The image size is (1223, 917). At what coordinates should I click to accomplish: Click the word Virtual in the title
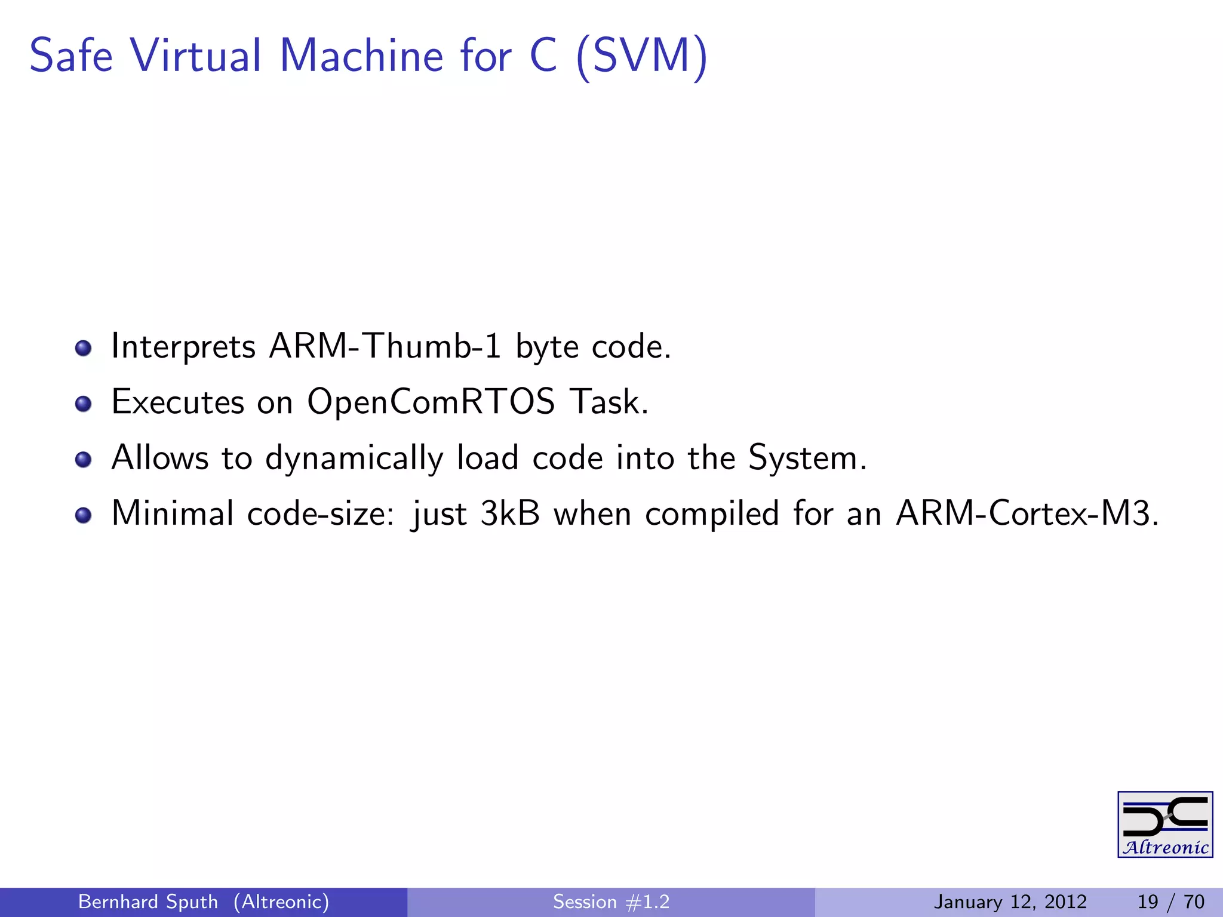pos(196,56)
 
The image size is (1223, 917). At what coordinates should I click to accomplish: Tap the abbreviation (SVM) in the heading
pos(642,57)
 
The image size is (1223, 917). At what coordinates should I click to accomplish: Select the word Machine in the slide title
pos(361,56)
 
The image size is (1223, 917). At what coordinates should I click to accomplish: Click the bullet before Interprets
pos(84,348)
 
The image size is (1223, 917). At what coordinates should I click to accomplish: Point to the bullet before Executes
pos(84,404)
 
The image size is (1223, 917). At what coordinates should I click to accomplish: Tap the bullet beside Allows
pos(84,460)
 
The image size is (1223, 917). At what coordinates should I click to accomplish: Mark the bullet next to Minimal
pos(84,515)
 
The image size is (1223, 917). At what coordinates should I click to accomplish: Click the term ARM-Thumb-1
pos(385,346)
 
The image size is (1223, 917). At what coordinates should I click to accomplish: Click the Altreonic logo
pos(1165,824)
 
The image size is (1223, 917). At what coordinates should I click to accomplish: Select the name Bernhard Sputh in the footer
pos(148,901)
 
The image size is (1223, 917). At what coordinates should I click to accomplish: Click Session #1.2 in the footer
pos(611,901)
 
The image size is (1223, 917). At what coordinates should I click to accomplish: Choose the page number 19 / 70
pos(1170,901)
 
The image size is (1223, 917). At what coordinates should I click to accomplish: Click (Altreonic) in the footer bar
pos(281,901)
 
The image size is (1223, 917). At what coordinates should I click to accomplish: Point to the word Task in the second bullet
pos(608,401)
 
